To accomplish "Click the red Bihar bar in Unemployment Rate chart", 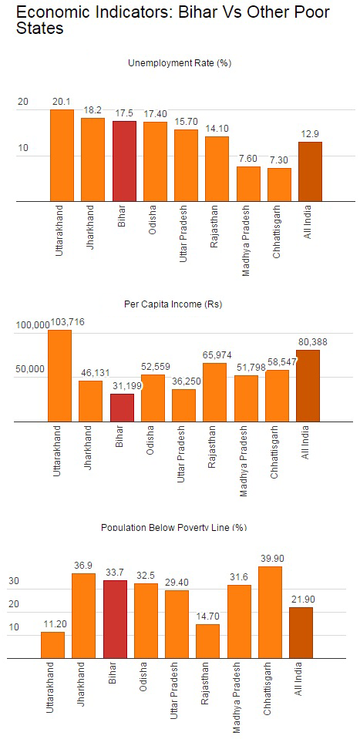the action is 124,161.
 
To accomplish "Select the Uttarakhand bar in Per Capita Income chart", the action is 60,375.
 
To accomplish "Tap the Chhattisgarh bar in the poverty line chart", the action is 270,612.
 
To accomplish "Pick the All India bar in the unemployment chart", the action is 310,172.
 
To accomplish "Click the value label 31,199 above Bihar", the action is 125,386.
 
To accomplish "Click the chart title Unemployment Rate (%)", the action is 180,62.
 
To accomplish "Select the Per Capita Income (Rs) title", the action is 173,304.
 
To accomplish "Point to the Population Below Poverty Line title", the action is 174,527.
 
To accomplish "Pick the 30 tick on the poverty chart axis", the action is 14,581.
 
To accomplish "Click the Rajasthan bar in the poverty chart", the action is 208,641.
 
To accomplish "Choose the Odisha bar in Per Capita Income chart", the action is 153,398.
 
